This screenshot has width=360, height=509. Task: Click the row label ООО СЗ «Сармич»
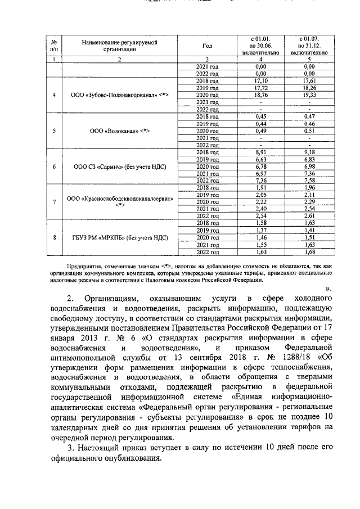click(120, 167)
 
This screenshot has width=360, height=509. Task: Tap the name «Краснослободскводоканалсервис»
click(120, 201)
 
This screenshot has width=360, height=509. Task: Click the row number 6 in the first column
click(54, 167)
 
